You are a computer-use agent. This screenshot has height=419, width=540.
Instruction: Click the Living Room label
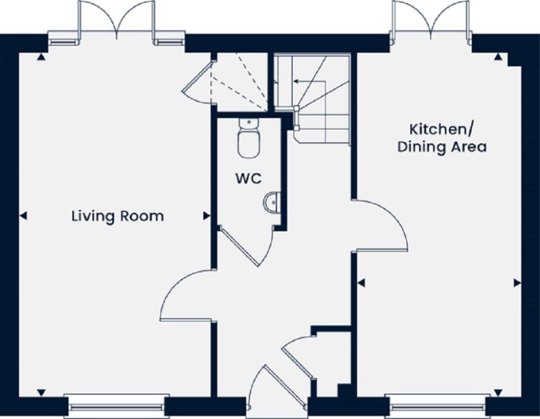coord(118,216)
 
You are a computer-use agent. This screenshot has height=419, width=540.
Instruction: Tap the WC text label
coord(248,178)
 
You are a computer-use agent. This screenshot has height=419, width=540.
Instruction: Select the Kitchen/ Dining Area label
coord(441,138)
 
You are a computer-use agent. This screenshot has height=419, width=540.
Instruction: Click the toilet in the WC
coord(247,139)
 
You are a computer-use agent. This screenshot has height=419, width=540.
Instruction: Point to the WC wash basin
coord(272,201)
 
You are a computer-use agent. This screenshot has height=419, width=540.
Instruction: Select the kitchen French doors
coord(431,21)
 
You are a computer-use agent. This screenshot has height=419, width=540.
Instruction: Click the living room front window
coord(117,406)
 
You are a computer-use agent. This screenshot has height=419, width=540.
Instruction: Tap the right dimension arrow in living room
coord(206,216)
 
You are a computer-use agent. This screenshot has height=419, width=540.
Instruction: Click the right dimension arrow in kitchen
coord(517,283)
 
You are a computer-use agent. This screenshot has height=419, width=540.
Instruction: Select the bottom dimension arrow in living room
coord(41,393)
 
